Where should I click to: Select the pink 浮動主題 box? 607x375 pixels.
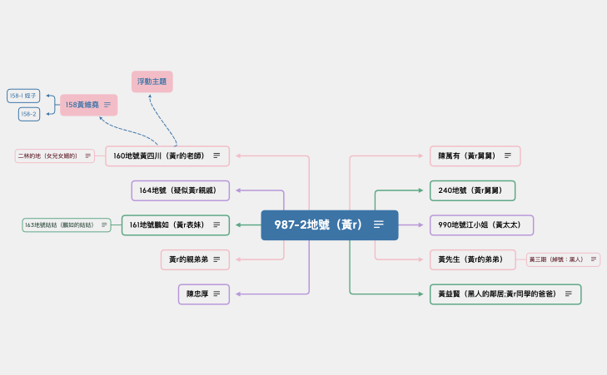152,81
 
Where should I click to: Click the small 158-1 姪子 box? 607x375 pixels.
23,96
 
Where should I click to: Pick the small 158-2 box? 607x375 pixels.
28,114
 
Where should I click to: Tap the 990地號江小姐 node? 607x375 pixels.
481,225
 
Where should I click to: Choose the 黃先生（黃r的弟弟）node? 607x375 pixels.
470,259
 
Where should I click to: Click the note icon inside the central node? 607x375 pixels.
379,225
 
